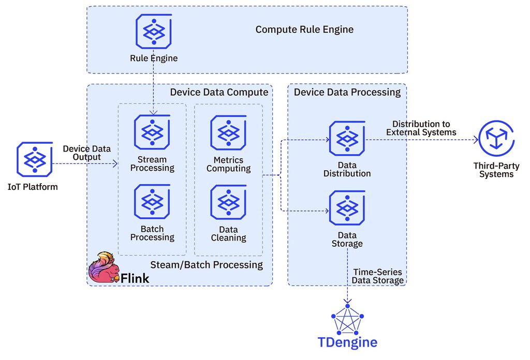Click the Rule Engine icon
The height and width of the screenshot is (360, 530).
154,32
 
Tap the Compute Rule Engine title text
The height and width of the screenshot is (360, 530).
304,29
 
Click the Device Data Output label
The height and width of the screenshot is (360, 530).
87,153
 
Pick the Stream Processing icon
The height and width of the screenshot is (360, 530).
152,132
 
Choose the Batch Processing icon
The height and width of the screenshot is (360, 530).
152,202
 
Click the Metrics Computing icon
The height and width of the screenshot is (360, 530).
228,133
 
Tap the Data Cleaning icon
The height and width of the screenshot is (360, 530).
228,202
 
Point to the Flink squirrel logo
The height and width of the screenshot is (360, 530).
102,267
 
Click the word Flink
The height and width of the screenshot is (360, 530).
135,278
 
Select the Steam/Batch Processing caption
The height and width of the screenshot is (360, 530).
207,265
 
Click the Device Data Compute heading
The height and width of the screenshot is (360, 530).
219,92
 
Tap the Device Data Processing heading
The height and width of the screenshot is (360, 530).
347,92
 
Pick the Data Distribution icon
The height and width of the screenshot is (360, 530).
347,139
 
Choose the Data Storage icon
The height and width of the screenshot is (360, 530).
347,208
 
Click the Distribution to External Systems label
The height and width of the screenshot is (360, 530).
421,128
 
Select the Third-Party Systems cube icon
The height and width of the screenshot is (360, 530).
496,139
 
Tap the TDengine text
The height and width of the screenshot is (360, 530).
347,342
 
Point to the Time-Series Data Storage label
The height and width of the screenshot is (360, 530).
378,276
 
